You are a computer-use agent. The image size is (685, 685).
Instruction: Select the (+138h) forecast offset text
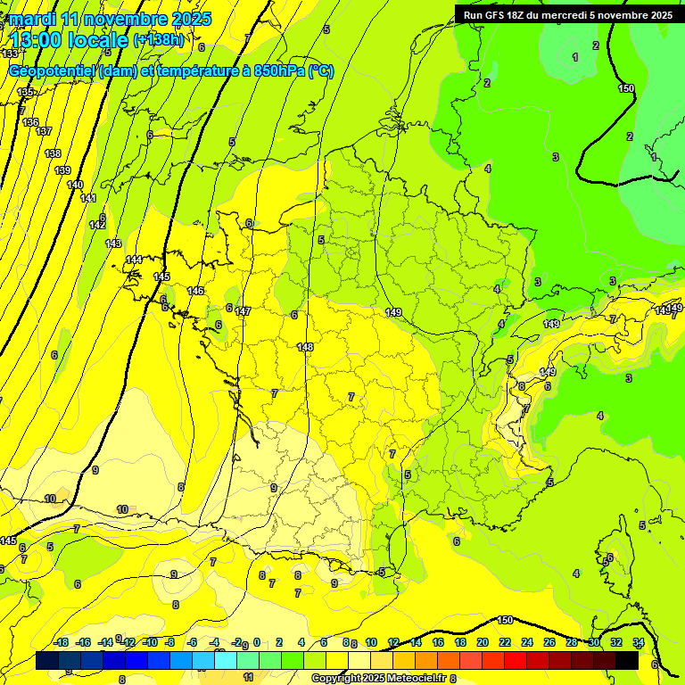pos(158,39)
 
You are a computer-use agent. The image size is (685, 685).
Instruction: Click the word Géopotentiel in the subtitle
pos(52,71)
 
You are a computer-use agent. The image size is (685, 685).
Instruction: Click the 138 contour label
pos(53,153)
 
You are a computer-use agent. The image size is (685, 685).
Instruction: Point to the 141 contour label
pos(88,198)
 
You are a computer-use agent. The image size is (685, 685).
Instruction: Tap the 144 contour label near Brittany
pos(134,260)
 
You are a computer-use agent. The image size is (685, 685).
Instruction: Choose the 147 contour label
pos(243,311)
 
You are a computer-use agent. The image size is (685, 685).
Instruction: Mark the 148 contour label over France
pos(305,346)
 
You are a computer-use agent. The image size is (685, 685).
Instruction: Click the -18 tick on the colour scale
pos(61,642)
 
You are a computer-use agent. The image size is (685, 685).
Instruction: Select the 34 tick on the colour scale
pos(639,642)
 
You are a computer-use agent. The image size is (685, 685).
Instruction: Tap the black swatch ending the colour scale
pos(627,660)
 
